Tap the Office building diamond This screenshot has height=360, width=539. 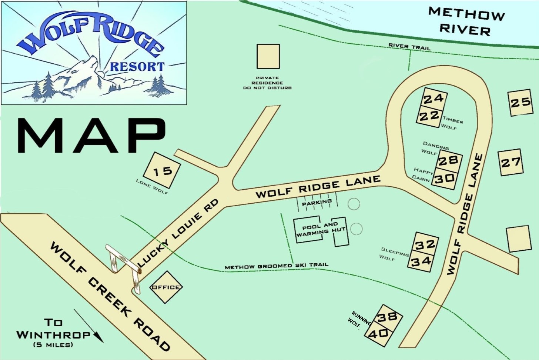(x=166, y=287)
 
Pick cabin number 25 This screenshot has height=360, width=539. (x=520, y=103)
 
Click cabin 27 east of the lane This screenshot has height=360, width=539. (x=511, y=162)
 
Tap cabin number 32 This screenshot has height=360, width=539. (x=425, y=244)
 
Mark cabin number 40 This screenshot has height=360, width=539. (x=379, y=334)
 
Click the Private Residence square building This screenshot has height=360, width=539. (x=268, y=56)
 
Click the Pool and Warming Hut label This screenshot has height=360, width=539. (x=321, y=229)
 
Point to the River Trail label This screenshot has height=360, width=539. (x=409, y=46)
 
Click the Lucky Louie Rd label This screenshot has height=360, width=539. (x=178, y=233)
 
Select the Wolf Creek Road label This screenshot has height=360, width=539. (x=110, y=296)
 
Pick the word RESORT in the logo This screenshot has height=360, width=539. (x=137, y=67)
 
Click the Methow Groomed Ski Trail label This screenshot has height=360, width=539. (x=276, y=266)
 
